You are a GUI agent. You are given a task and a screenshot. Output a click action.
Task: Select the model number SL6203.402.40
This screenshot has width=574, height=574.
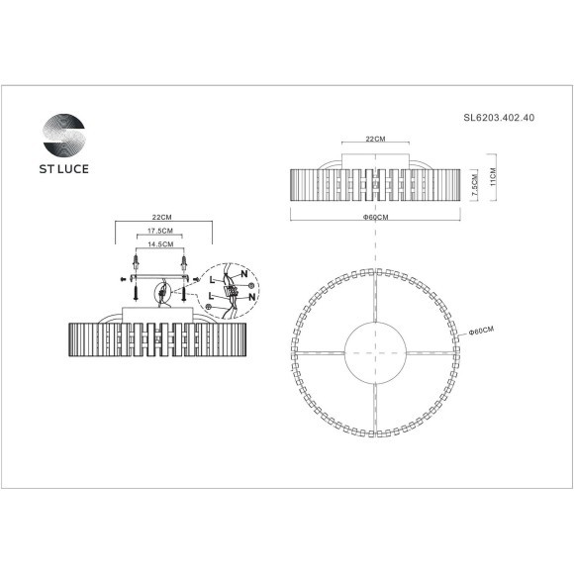coord(500,117)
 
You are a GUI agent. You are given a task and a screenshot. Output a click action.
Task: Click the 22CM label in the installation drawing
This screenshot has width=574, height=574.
coord(163,217)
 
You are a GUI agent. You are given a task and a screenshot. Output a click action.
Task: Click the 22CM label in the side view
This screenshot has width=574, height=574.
coord(375,141)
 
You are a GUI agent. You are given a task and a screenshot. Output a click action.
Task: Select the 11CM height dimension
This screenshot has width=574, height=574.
coord(492,177)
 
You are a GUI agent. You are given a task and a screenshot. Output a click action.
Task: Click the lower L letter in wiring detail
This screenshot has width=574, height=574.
coord(211,296)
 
